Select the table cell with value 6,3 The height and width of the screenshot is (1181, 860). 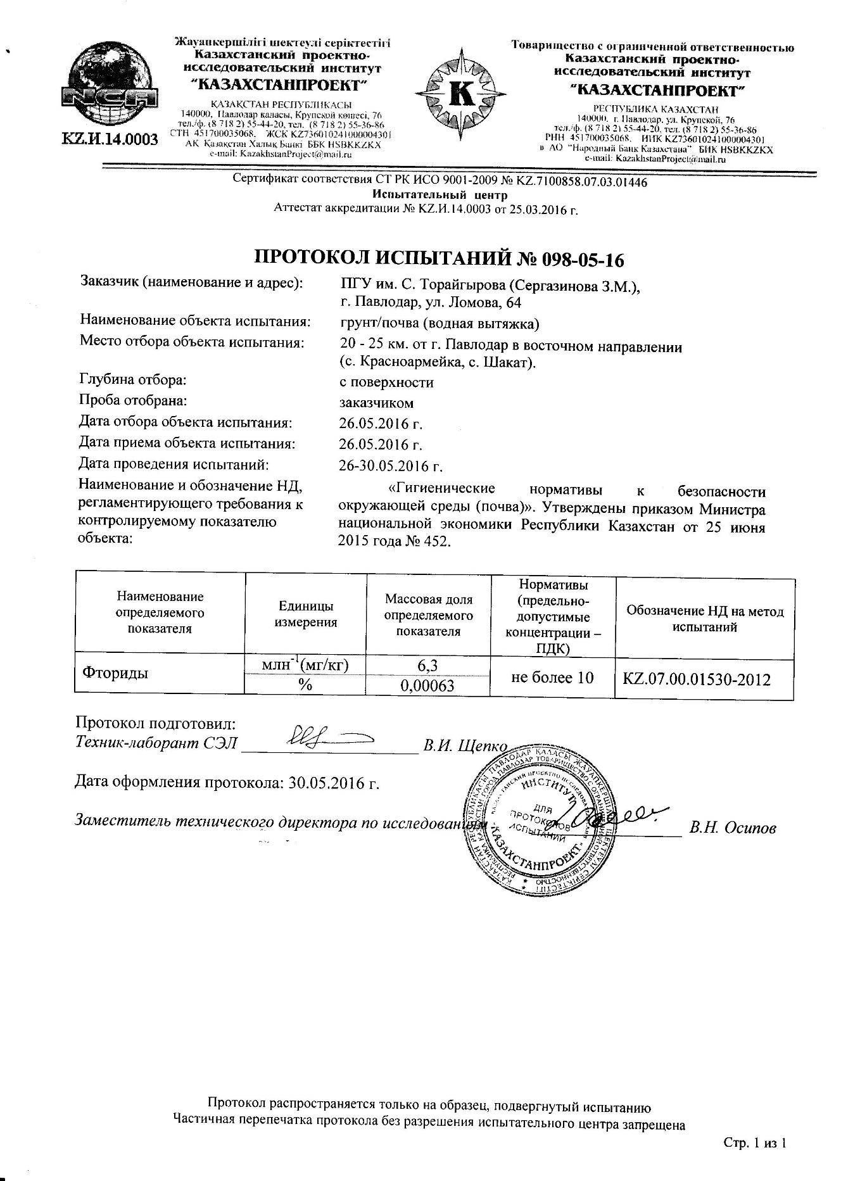pos(428,664)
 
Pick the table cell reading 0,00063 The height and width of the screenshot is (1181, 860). pos(428,685)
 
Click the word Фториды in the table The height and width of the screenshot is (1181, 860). pos(115,673)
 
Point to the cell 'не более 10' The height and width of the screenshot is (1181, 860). pos(552,677)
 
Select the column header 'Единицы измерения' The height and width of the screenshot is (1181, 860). pos(305,614)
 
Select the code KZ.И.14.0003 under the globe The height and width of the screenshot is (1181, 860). pos(110,139)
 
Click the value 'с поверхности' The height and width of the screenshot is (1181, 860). pos(386,382)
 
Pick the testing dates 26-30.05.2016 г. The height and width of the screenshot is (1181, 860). pos(390,466)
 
